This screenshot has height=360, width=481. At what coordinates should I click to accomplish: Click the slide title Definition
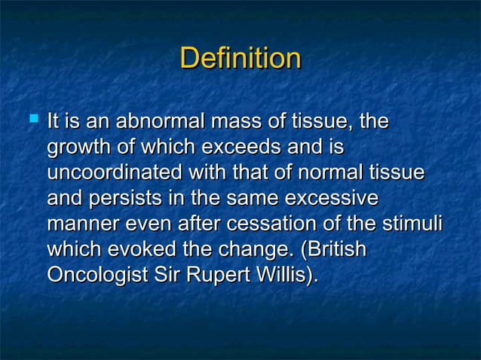pyautogui.click(x=240, y=59)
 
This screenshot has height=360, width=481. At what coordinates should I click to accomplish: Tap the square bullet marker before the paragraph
pyautogui.click(x=32, y=118)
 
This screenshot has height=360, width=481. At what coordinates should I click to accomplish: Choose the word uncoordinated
pyautogui.click(x=114, y=173)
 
